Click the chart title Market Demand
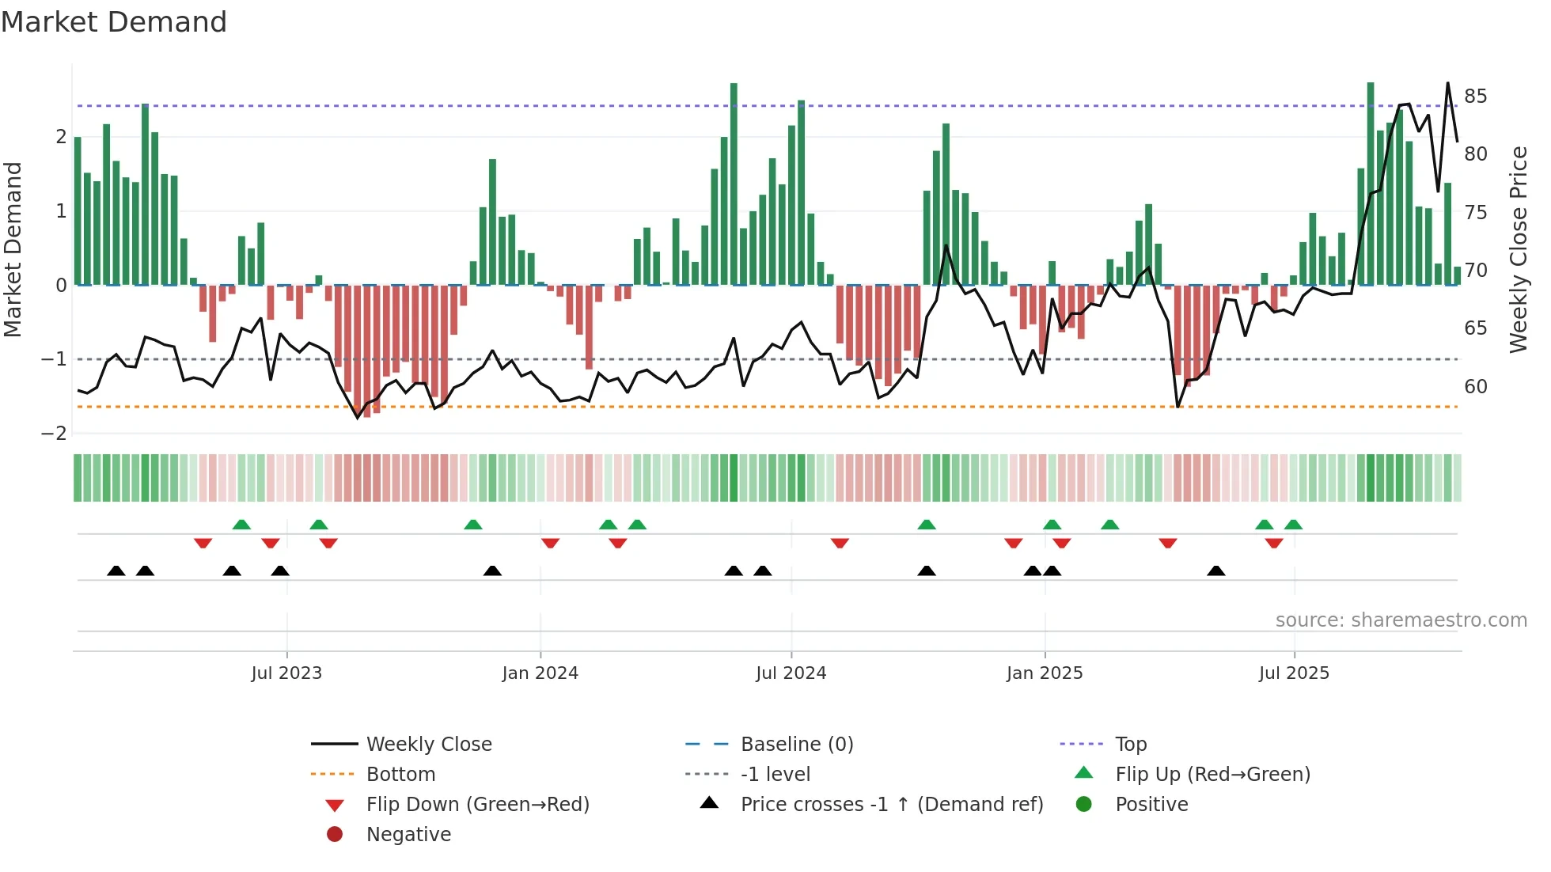click(x=114, y=22)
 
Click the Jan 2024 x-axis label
click(x=540, y=673)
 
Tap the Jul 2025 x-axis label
click(x=1294, y=673)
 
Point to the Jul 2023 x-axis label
click(x=286, y=673)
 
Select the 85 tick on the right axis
click(x=1475, y=97)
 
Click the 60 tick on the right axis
click(x=1475, y=387)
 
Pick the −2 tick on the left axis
click(x=54, y=434)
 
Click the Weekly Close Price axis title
click(x=1518, y=249)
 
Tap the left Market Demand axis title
click(x=13, y=249)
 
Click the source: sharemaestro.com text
click(x=1401, y=620)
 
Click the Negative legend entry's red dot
click(x=335, y=835)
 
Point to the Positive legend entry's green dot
click(x=1084, y=805)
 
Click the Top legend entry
click(x=1131, y=745)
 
